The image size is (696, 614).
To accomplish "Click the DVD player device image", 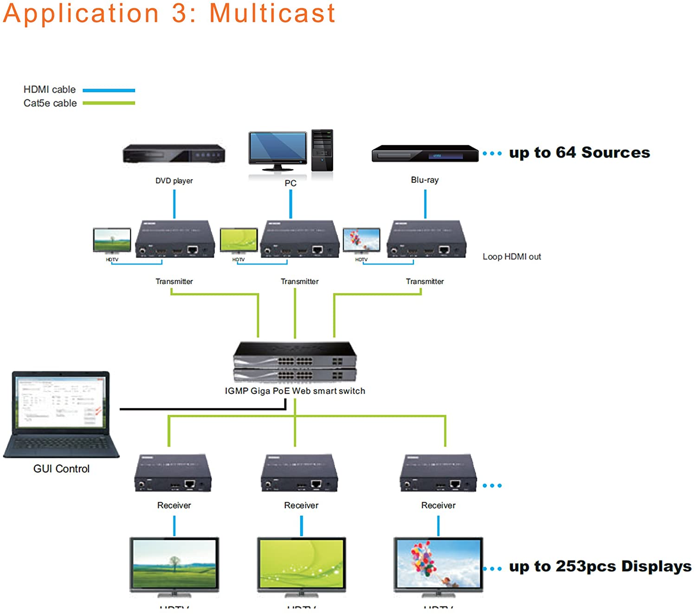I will point(174,154).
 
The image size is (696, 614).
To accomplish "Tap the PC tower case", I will point(322,150).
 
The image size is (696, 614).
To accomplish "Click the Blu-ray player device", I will point(425,154).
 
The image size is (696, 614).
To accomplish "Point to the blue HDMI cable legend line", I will point(109,90).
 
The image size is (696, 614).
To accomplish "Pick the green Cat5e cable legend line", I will point(109,103).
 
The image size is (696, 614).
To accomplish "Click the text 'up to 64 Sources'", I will point(579,153).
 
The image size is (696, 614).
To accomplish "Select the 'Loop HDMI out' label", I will point(511,257).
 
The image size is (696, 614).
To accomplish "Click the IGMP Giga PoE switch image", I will point(295,362).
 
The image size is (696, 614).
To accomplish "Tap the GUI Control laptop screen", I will point(60,402).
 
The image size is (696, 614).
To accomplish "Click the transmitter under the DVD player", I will point(175,239).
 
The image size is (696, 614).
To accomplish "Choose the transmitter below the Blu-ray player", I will point(426,239).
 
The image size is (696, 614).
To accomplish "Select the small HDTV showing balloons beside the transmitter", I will point(361,240).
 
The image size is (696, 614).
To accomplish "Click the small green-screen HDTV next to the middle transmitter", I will point(238,240).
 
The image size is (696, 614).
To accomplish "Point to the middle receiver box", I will point(300,473).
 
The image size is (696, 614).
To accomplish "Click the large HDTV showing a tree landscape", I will point(174,564).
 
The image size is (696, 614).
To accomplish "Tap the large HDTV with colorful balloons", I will point(438,564).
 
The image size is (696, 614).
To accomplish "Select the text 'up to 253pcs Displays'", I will point(600,567).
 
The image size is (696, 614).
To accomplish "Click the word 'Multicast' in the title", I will point(272,13).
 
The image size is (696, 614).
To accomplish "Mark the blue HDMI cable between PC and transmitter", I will point(290,204).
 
